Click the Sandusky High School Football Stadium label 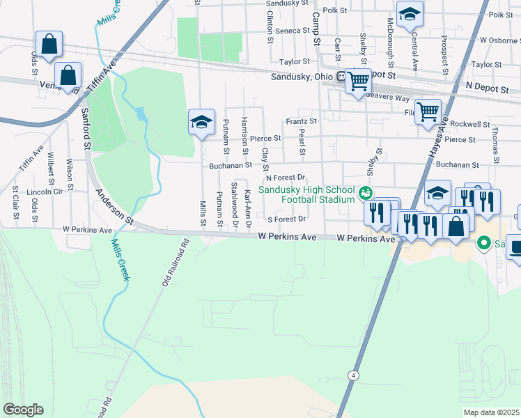pos(307,194)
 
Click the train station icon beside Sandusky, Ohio pos(342,77)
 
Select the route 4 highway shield pos(354,376)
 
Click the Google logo pos(23,410)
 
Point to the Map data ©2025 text pos(492,412)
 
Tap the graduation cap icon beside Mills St pos(201,123)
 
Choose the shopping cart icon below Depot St pos(358,82)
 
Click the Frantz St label pos(301,121)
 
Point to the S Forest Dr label pos(287,219)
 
